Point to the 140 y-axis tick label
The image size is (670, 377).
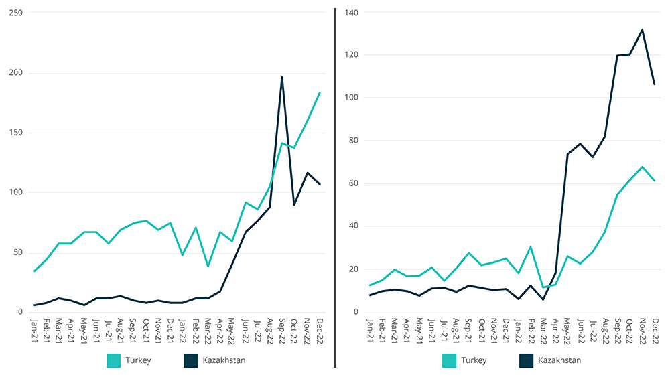click(352, 12)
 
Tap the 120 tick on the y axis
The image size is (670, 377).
click(352, 55)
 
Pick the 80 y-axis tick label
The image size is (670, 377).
click(354, 141)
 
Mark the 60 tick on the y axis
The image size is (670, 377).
click(354, 183)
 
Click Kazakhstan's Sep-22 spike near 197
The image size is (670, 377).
click(282, 77)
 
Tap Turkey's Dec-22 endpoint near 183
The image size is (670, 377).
click(320, 93)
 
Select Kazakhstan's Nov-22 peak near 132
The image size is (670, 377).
click(642, 29)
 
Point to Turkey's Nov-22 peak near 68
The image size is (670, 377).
click(642, 167)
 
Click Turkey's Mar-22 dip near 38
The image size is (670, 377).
click(208, 267)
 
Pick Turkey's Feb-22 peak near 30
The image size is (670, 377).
click(531, 247)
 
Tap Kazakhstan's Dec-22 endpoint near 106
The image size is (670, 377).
click(654, 84)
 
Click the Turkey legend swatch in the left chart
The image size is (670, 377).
click(116, 361)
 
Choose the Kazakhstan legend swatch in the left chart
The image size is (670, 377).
click(192, 361)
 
